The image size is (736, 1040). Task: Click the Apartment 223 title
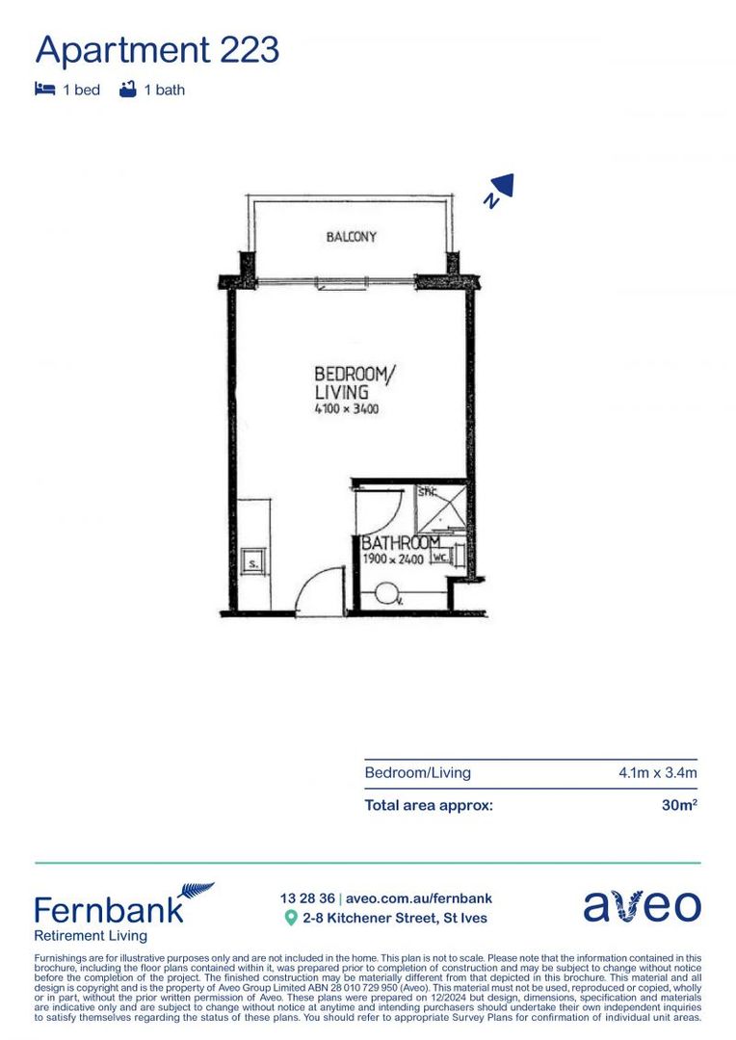point(157,48)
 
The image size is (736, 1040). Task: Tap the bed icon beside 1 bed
point(44,90)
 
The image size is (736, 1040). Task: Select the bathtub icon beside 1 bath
point(126,90)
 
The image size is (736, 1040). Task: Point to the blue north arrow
point(500,189)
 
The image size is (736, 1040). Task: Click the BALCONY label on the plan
point(351,237)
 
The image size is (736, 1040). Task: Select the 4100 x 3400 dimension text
point(347,409)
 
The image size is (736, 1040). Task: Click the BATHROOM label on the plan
point(399,544)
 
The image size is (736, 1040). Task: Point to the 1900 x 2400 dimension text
point(395,559)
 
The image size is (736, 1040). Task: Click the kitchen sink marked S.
point(253,562)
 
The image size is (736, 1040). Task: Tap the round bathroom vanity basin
point(388,593)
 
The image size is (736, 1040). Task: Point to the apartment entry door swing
point(314,593)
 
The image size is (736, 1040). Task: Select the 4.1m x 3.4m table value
point(657,773)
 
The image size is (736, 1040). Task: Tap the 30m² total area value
point(678,805)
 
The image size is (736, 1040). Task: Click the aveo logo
point(642,907)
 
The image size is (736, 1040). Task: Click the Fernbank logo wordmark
point(108,909)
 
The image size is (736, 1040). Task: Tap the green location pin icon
point(290,918)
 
